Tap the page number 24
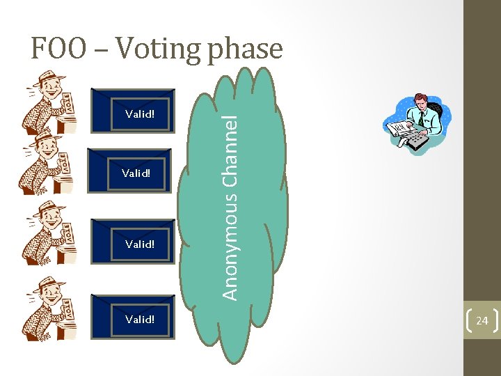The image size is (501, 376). pyautogui.click(x=482, y=321)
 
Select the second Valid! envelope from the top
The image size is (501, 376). pyautogui.click(x=134, y=173)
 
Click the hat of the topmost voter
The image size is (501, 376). pyautogui.click(x=49, y=77)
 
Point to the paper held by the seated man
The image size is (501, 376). pyautogui.click(x=401, y=129)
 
